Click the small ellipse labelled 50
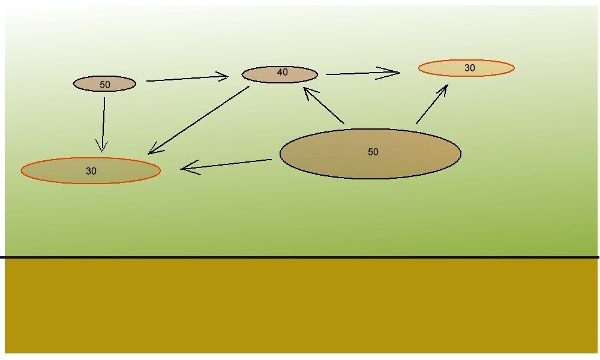pos(104,84)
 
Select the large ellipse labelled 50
pos(370,154)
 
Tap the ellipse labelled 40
pos(280,74)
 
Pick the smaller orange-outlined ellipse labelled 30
pos(466,68)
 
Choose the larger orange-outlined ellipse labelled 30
pos(91,170)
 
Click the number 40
pos(283,73)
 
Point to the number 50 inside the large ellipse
pos(373,152)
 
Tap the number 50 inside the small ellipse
pos(105,85)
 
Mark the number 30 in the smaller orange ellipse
pos(470,68)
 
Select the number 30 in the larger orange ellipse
pos(91,171)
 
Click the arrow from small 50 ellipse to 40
pos(187,78)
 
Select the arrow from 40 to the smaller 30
pos(362,73)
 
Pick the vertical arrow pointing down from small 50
pos(104,123)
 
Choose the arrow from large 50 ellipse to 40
pos(324,106)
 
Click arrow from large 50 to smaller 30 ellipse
pos(432,104)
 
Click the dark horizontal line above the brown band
pos(300,257)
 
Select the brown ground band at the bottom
pos(300,306)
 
